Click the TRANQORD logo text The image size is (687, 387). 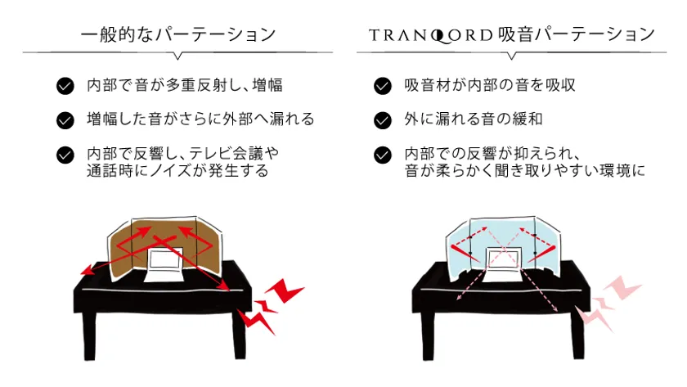pos(431,35)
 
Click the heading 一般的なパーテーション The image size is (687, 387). pos(178,34)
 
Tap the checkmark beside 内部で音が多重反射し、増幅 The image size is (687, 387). pos(65,86)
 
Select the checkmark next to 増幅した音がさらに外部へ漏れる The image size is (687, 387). pos(65,120)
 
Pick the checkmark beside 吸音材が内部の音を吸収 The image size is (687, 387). pos(383,86)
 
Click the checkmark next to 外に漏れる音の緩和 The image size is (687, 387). pos(383,120)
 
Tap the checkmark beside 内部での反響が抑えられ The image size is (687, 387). pos(383,155)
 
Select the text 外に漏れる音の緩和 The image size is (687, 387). pos(474,119)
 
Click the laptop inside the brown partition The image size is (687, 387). pos(164,265)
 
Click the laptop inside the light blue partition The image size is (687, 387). pos(502,265)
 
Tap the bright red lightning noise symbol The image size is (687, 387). pos(268,306)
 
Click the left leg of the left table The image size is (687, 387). pos(89,335)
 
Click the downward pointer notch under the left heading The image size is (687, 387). pos(177,56)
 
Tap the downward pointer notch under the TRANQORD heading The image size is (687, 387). pos(511,56)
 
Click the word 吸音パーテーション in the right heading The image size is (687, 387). pos(577,34)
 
